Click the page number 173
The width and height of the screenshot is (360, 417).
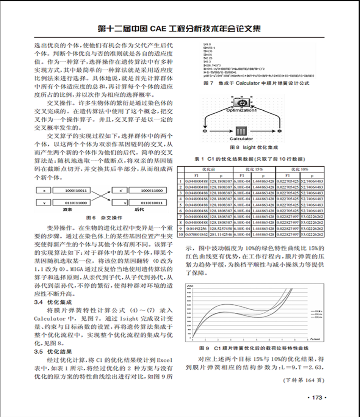316,397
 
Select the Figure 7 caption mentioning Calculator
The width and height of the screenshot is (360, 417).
257,83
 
